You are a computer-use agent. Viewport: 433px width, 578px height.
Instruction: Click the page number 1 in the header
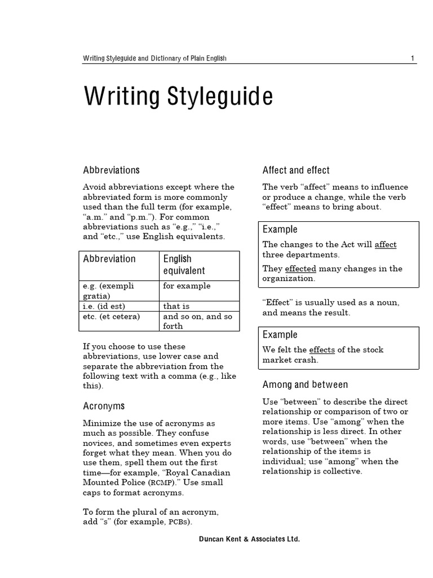413,59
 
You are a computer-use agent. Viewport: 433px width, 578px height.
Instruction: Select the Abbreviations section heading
111,170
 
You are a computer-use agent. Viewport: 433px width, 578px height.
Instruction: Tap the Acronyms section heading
104,406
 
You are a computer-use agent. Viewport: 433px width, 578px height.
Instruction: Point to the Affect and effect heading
296,170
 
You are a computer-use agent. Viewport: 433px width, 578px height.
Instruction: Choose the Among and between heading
305,384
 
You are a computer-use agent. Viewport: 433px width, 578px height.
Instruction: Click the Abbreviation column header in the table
109,259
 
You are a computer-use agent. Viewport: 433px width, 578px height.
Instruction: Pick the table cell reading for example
187,286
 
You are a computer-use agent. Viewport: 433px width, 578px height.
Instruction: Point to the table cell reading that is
176,306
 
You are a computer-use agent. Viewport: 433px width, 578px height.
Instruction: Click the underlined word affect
386,244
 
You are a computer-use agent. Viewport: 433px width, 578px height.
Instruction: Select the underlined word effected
301,269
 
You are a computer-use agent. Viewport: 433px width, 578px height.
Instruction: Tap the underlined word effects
322,350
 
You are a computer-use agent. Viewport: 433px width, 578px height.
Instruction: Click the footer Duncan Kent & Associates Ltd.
249,540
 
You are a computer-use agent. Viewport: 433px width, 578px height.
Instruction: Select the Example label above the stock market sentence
280,335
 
